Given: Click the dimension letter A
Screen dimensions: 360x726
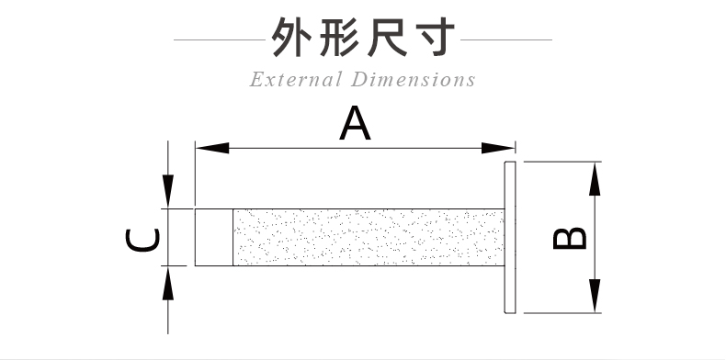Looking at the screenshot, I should click(356, 124).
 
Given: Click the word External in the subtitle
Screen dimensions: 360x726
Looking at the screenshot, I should click(295, 80).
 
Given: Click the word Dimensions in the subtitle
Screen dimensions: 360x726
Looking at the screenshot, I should click(414, 80).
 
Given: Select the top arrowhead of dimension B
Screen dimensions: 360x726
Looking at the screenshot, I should click(596, 177).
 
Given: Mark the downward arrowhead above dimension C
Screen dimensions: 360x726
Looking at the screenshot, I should click(168, 193).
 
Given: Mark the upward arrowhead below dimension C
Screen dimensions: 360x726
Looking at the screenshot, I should click(168, 281).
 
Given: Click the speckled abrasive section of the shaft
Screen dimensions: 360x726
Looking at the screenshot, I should click(368, 237).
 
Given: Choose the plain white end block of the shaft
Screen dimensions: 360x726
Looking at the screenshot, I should click(213, 237).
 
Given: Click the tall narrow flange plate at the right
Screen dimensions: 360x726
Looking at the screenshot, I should click(512, 237).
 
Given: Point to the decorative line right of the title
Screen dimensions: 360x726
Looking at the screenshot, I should click(506, 40).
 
